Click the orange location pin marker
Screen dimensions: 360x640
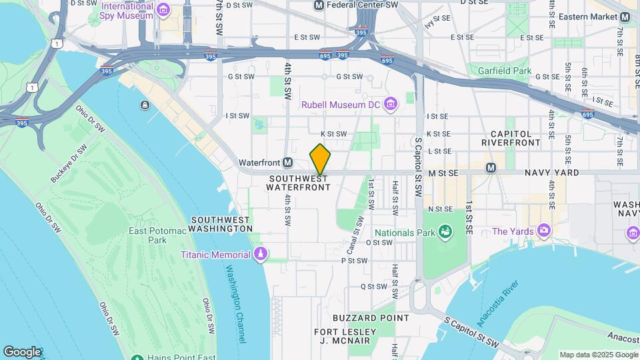click(320, 159)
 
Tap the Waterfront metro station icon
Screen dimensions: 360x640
click(288, 163)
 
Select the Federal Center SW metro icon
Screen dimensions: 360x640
click(319, 5)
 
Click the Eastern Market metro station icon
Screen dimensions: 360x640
click(625, 17)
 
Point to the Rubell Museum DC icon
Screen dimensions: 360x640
click(391, 104)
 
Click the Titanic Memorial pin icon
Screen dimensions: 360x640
click(261, 255)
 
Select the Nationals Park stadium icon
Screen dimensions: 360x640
click(445, 233)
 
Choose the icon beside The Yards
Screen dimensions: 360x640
click(545, 231)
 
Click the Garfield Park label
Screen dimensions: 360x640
click(505, 70)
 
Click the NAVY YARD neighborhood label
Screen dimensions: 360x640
click(551, 173)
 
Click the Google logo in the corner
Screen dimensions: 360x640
click(22, 351)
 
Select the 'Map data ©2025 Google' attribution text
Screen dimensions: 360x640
click(598, 355)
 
